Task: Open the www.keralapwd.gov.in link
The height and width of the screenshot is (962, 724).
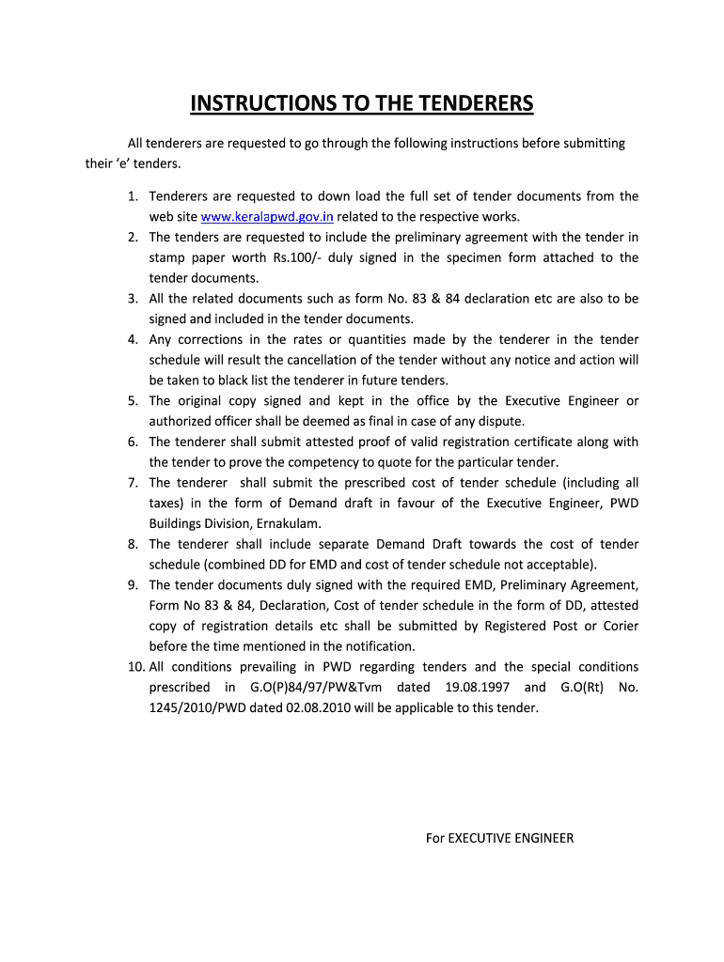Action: (267, 217)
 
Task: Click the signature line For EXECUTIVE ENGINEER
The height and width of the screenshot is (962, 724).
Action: (499, 838)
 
